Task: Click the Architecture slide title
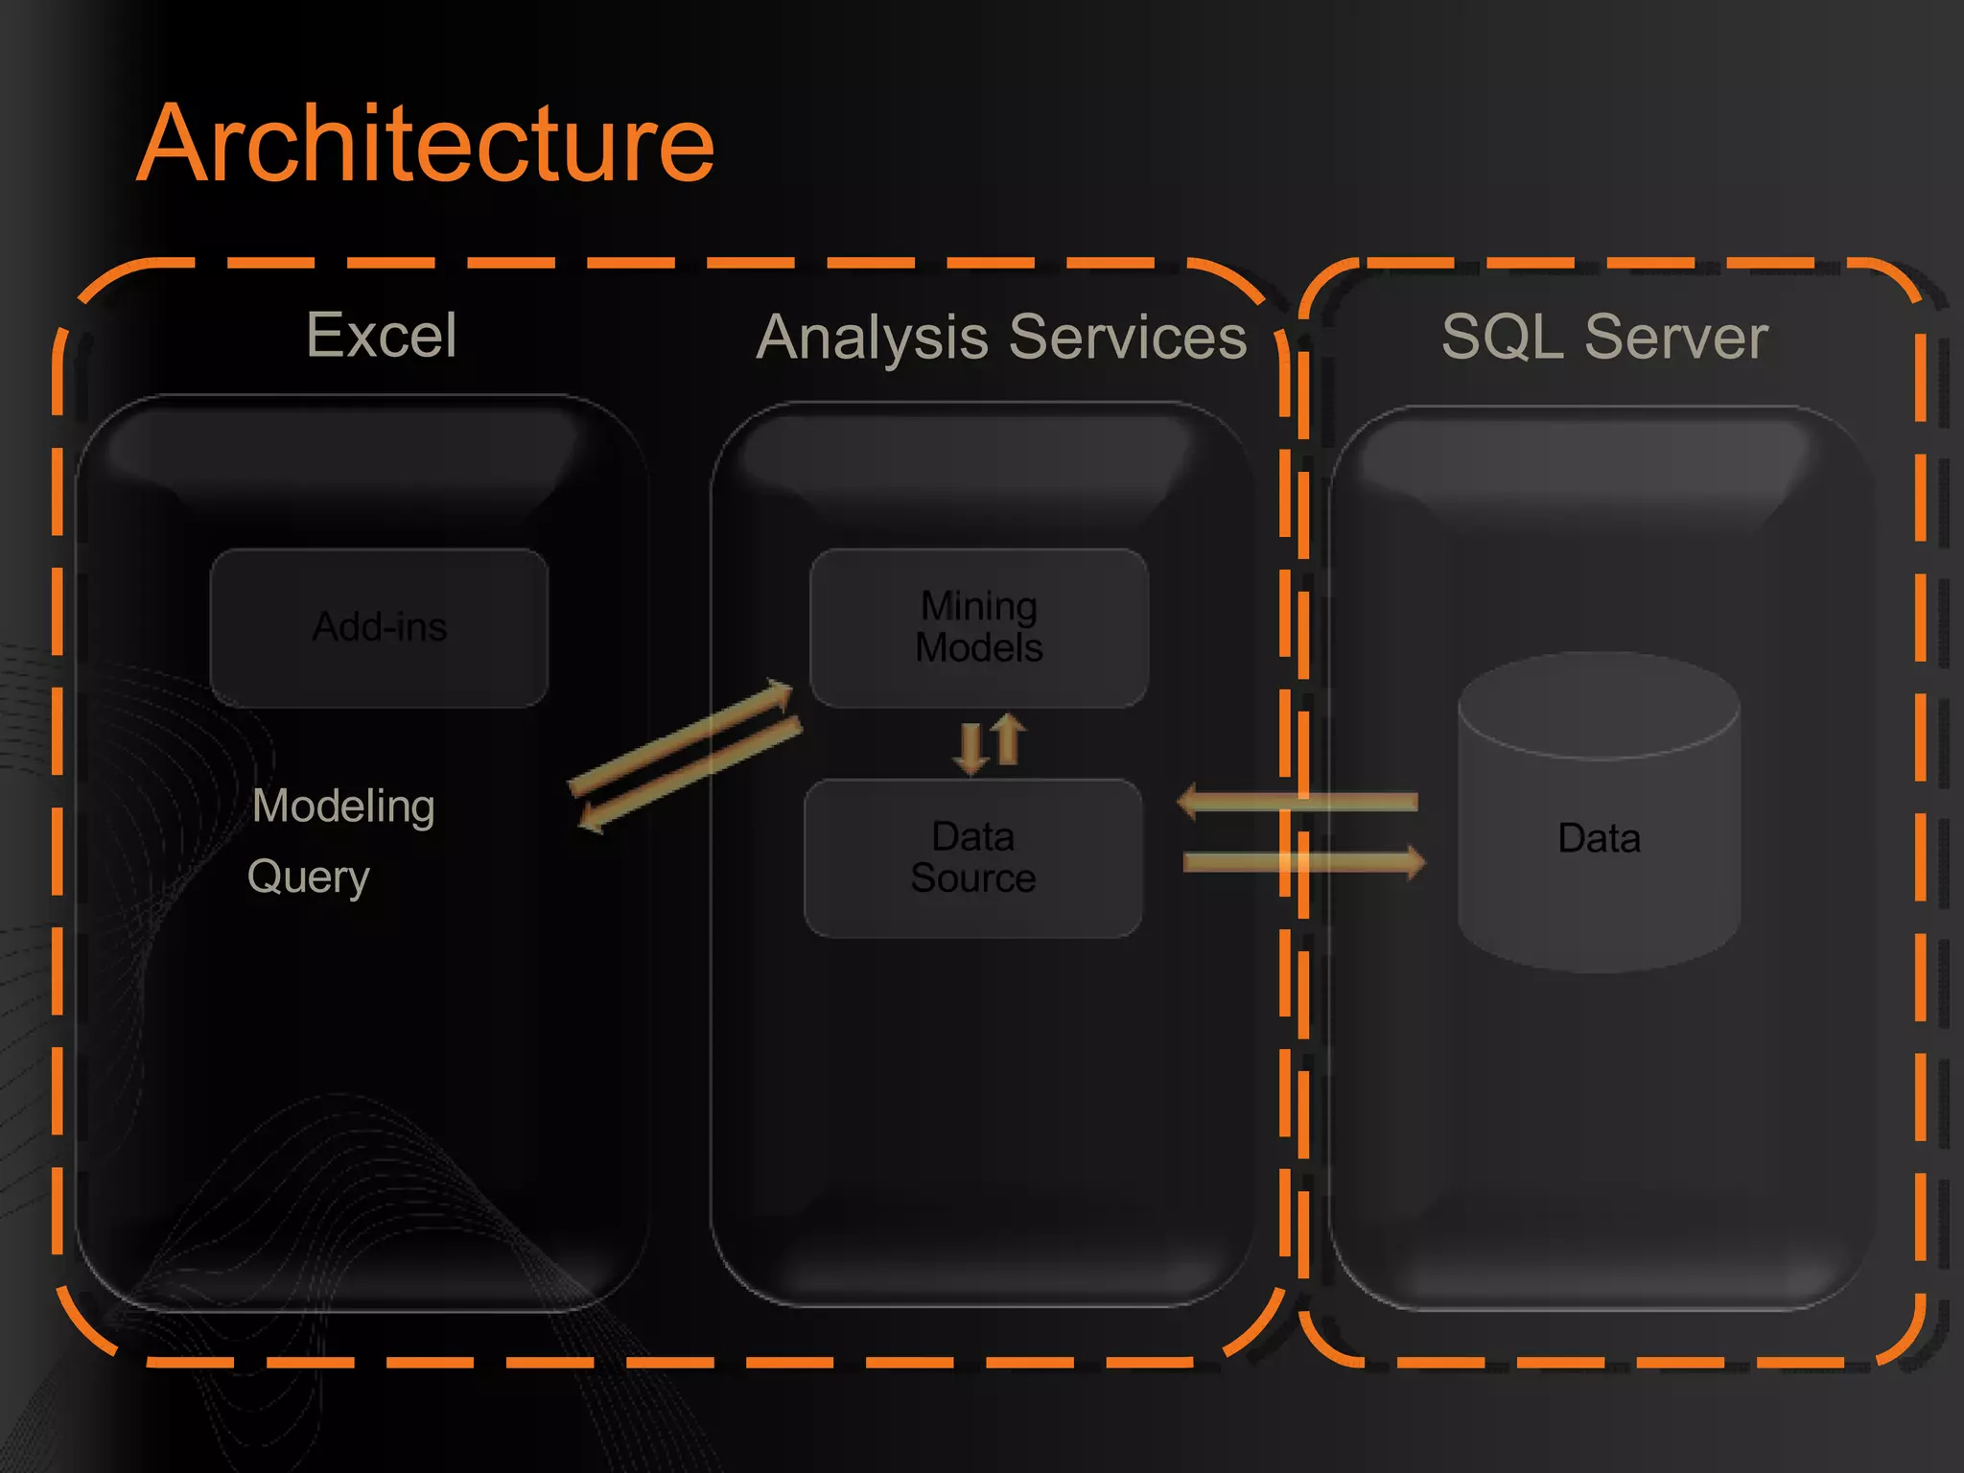tap(426, 144)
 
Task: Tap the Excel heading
tap(382, 336)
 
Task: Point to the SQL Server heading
tap(1604, 338)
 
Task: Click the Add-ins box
tap(380, 627)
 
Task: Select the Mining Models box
tap(979, 627)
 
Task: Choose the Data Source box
tap(973, 858)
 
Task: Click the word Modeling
tap(343, 807)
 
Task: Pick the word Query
tap(308, 877)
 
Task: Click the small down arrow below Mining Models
tap(970, 748)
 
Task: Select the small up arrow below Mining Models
tap(1007, 738)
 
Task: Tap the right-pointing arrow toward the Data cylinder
tap(1304, 861)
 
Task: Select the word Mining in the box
tap(979, 606)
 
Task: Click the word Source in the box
tap(973, 878)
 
